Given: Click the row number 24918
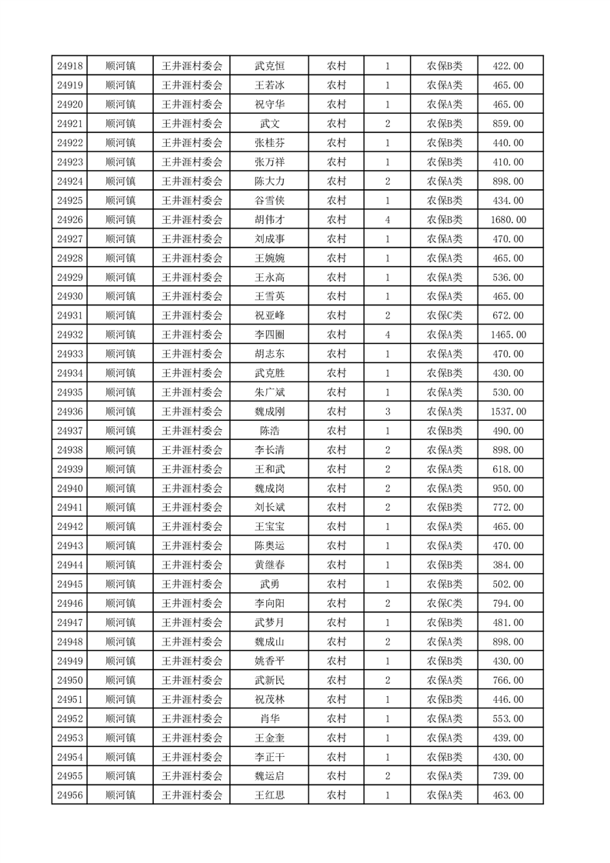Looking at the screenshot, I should point(70,66).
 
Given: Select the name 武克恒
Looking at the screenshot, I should point(269,66).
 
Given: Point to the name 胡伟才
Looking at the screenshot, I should point(269,220).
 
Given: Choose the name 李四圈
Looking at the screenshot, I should point(269,335).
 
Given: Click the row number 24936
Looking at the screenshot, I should point(70,412).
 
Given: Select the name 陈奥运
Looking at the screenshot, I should point(269,545).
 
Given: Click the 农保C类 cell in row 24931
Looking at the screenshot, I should point(445,315).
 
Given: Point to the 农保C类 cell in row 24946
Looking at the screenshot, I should point(445,603).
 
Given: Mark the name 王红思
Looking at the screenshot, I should point(269,795).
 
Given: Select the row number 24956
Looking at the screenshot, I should point(70,795).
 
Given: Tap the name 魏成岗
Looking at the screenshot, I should point(269,488).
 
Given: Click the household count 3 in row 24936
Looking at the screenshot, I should point(387,412).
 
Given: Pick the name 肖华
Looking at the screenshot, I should point(269,718).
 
